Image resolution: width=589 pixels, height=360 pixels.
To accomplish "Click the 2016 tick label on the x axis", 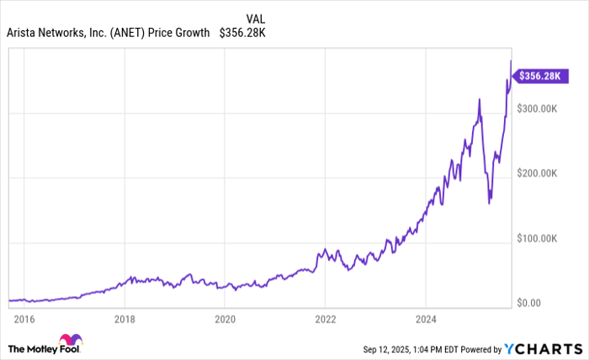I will (x=24, y=319).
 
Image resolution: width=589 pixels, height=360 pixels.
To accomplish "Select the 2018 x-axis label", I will (x=125, y=319).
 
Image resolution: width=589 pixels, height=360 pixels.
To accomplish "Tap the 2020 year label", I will (x=225, y=319).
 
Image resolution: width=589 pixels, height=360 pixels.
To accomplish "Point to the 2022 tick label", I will (x=326, y=319).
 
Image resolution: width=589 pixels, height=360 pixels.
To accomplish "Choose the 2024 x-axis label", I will (x=426, y=319).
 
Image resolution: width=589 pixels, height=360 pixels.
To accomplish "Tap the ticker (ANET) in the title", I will (x=123, y=34).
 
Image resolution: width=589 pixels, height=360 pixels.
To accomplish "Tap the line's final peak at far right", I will (x=511, y=61).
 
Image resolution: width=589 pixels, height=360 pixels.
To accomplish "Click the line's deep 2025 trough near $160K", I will (x=490, y=202).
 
